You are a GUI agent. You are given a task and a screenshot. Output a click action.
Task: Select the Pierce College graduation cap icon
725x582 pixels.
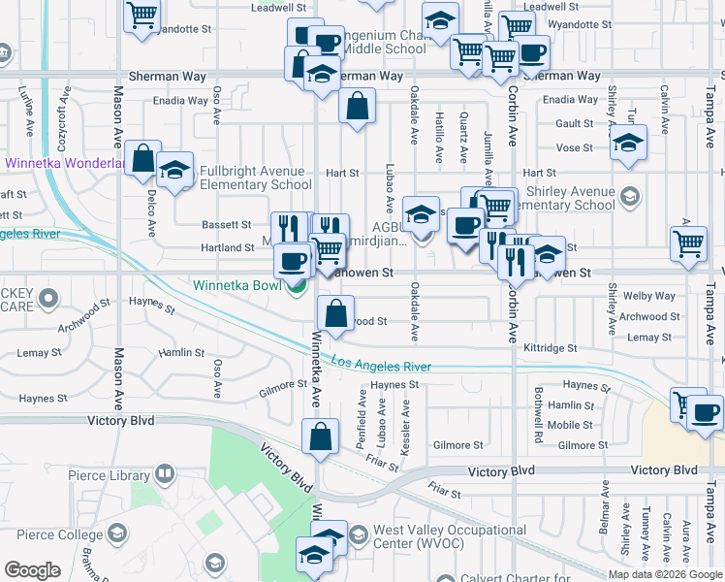click(117, 534)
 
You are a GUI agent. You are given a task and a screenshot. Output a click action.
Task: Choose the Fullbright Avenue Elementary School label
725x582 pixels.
click(256, 178)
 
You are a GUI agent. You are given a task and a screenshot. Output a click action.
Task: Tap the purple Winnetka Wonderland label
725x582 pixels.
click(64, 164)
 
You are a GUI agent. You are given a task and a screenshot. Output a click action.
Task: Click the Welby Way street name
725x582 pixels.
click(649, 296)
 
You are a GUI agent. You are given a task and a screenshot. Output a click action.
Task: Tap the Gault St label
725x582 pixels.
click(574, 123)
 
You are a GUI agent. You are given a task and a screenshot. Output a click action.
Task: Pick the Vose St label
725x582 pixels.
click(574, 147)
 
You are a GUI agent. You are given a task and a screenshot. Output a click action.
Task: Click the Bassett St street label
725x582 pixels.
click(227, 224)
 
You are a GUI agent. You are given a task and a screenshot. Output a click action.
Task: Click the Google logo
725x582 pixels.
click(32, 570)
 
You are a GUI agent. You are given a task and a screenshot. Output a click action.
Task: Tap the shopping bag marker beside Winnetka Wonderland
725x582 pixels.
click(142, 158)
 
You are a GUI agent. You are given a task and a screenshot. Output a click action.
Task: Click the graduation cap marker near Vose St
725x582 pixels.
click(628, 144)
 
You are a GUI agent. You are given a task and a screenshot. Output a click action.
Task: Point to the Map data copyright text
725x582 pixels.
click(665, 574)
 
